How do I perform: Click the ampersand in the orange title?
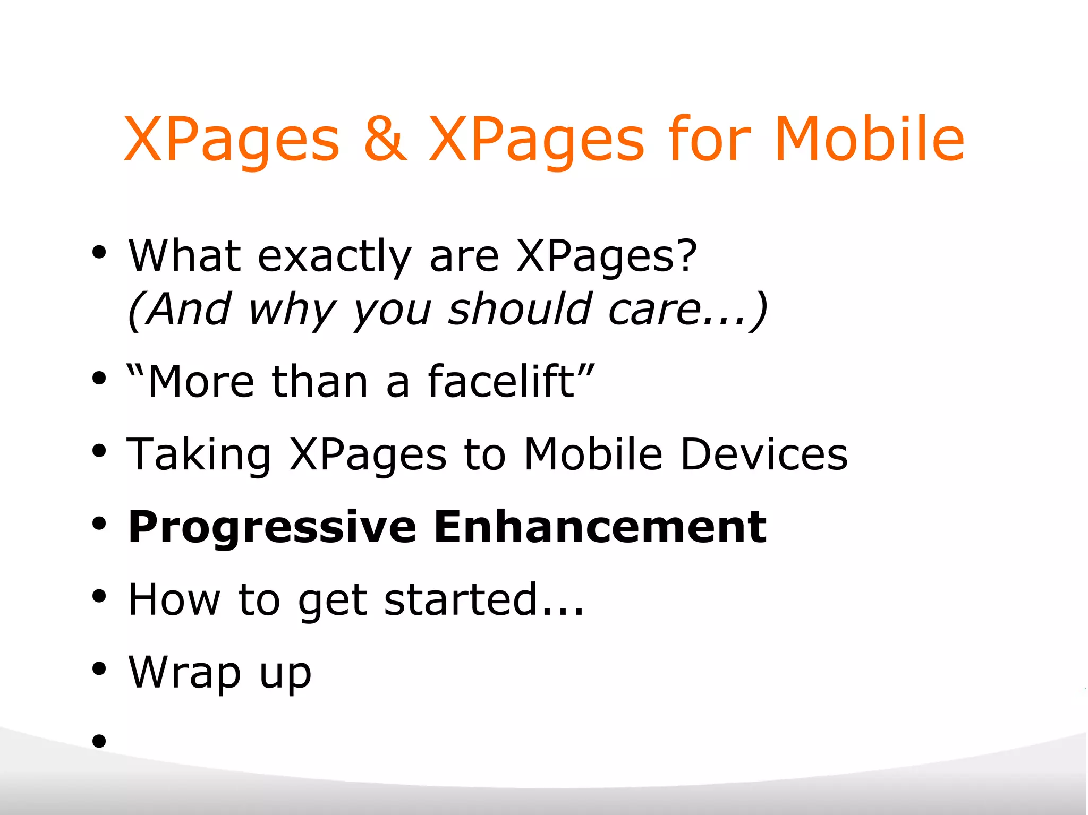[x=385, y=139]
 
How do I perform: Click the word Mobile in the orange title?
[x=869, y=139]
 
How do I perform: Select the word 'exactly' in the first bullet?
[x=334, y=257]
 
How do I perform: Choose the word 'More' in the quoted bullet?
[x=201, y=382]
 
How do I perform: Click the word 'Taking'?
[x=199, y=455]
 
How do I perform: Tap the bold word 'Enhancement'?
[x=600, y=527]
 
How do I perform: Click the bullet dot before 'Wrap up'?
[x=99, y=668]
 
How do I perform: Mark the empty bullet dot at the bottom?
[x=99, y=740]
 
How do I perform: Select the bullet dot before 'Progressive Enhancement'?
[x=99, y=524]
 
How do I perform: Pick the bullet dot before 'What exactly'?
[x=99, y=252]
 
